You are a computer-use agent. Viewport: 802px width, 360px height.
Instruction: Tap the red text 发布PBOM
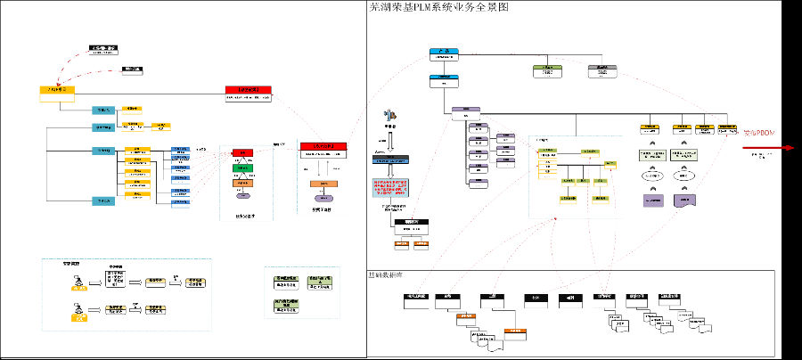(x=759, y=133)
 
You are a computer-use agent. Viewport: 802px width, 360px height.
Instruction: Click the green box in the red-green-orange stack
(x=242, y=168)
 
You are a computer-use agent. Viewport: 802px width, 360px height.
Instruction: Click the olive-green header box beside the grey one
(x=548, y=70)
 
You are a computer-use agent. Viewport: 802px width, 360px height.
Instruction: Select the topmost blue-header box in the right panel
(x=443, y=54)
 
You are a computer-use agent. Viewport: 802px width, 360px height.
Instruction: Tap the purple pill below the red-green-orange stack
(x=242, y=195)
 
